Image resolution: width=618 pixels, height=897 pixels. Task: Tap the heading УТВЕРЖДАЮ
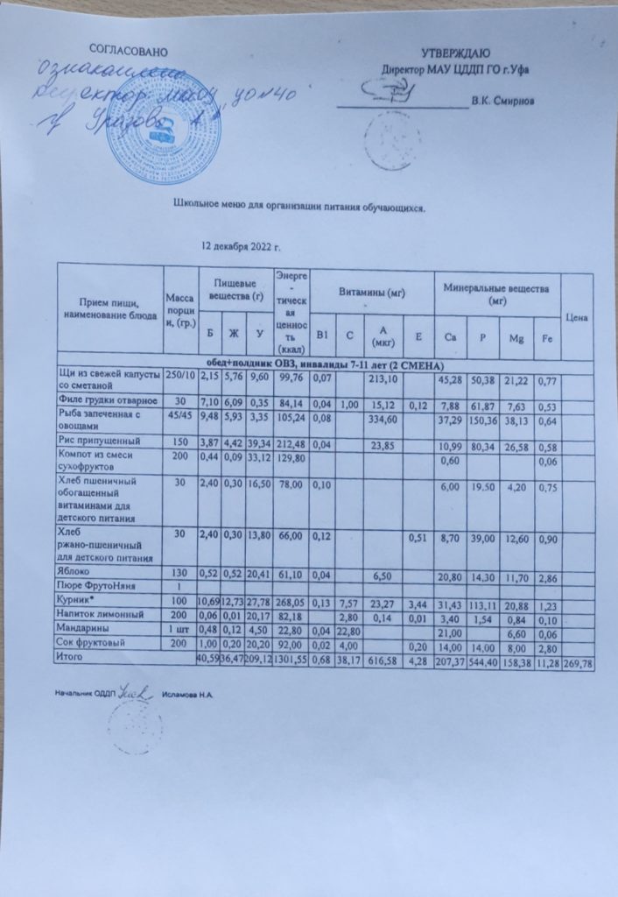455,54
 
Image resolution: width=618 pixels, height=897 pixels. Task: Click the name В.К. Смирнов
502,100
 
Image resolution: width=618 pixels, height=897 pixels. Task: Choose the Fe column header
547,338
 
